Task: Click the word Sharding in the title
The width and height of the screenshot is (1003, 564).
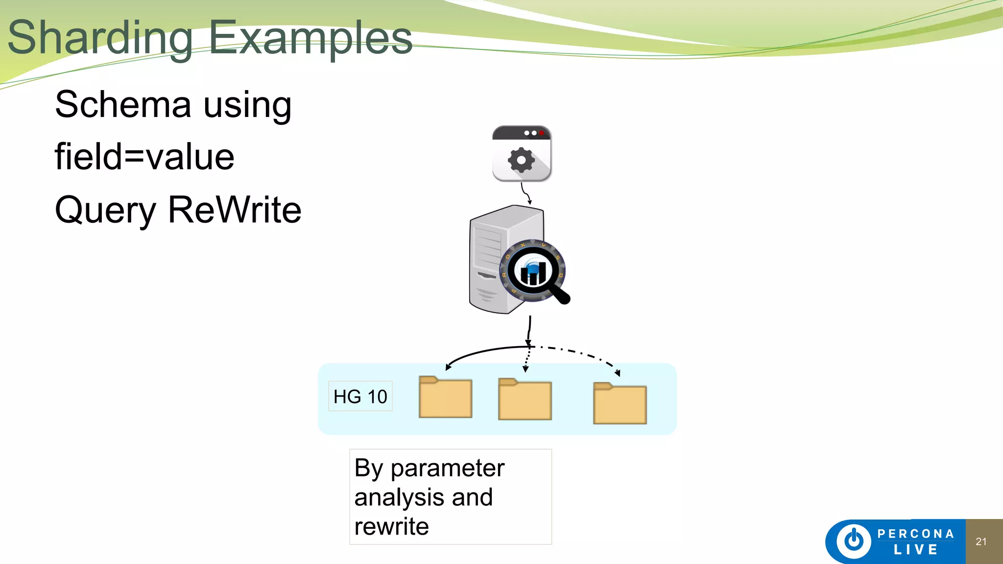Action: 100,38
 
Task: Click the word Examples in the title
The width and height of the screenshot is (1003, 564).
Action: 310,38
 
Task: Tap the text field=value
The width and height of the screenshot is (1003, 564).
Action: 144,157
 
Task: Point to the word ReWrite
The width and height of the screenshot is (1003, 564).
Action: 235,210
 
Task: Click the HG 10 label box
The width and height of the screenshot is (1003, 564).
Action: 360,396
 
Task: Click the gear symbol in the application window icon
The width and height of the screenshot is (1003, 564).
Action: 521,160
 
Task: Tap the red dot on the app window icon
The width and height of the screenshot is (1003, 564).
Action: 542,133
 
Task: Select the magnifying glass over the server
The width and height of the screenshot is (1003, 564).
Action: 535,272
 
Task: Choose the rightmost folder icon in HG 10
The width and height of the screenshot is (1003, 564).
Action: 620,404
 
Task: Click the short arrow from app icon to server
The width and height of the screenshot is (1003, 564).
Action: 526,193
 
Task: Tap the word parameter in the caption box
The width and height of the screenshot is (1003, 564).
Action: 447,468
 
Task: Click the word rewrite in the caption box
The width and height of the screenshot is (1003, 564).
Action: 391,527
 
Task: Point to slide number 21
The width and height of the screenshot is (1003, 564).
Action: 981,541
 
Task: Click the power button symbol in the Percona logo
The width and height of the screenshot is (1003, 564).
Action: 854,541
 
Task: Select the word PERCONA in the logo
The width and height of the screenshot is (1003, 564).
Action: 915,534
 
